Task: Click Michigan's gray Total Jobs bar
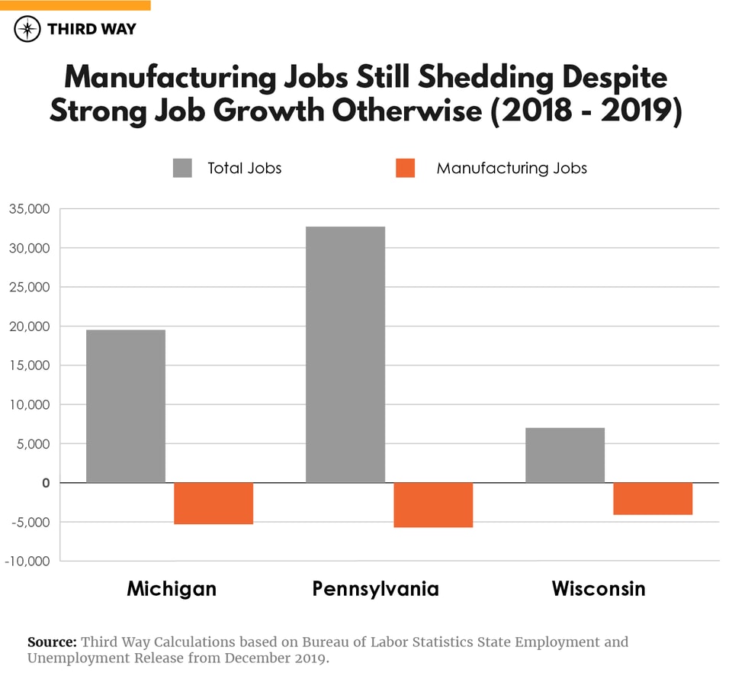tap(126, 406)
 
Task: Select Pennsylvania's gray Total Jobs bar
tap(345, 355)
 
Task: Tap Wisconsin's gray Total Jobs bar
tap(565, 455)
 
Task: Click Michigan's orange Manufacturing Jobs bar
tap(213, 504)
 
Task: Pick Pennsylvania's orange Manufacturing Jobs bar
tap(433, 505)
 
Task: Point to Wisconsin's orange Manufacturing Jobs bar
tap(653, 499)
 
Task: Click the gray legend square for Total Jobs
tap(182, 168)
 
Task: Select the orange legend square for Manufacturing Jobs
tap(406, 168)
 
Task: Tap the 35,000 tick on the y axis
tap(29, 209)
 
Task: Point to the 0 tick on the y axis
tap(46, 483)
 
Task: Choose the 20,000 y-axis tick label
tap(29, 327)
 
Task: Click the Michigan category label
tap(172, 589)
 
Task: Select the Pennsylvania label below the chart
tap(375, 589)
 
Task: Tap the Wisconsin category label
tap(599, 589)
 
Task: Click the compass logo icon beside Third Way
tap(27, 29)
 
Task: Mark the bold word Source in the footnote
tap(52, 642)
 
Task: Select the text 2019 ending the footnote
tap(310, 658)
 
